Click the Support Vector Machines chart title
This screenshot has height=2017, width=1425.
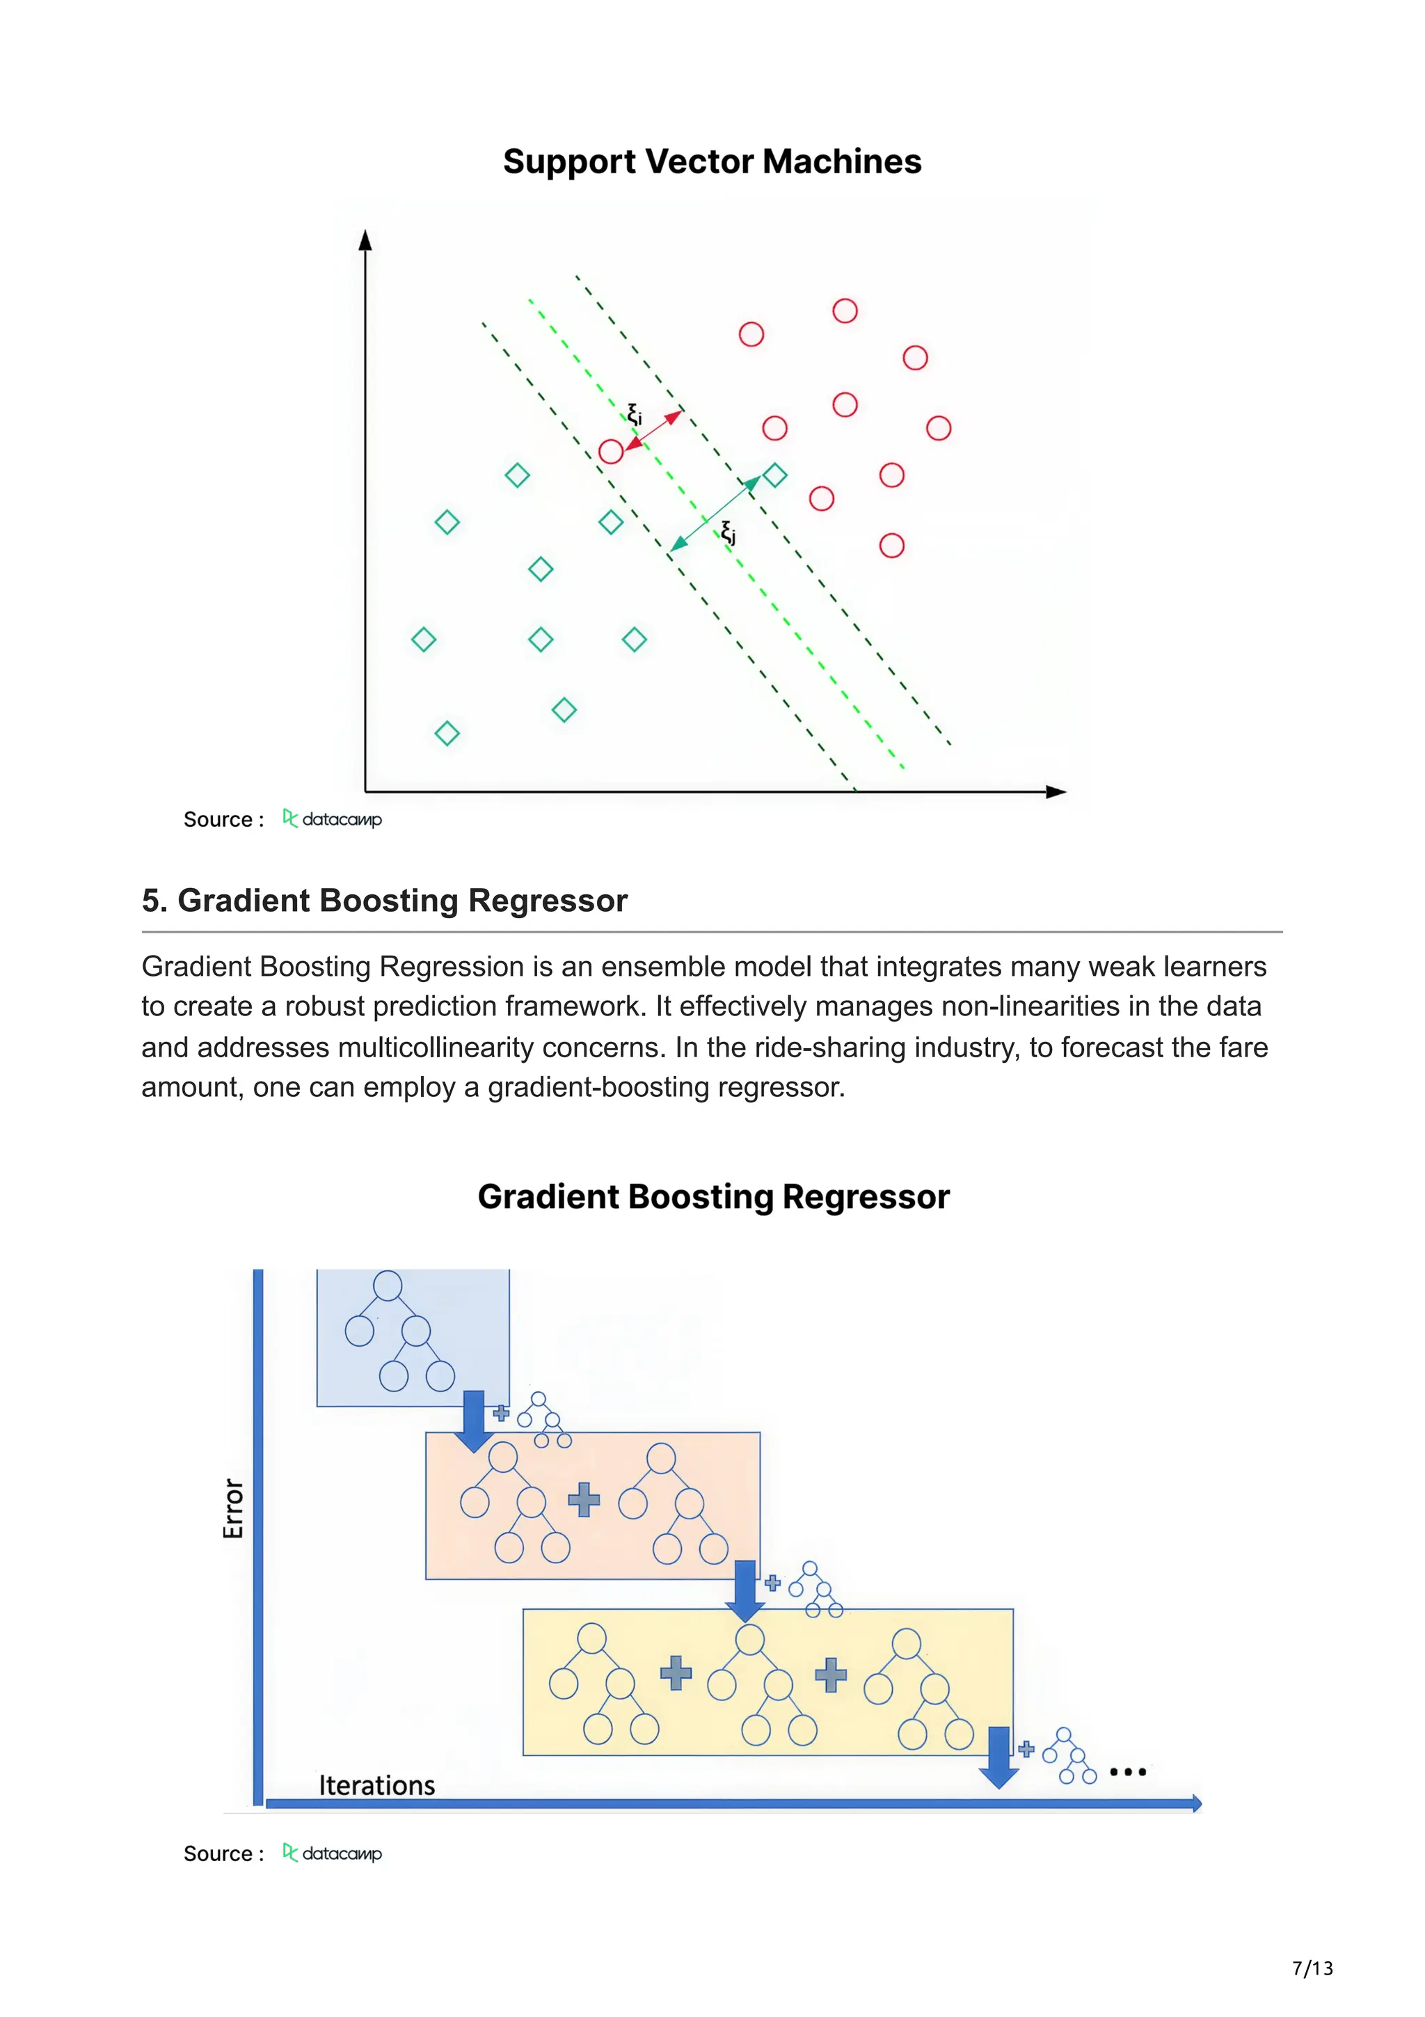pyautogui.click(x=711, y=161)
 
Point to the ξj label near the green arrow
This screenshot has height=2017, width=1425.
pyautogui.click(x=728, y=532)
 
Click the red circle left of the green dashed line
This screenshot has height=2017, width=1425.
pyautogui.click(x=610, y=452)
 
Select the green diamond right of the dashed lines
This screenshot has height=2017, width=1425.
pyautogui.click(x=774, y=475)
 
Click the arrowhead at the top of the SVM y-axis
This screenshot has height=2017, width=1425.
pyautogui.click(x=365, y=240)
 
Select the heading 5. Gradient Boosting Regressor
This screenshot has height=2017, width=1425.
pyautogui.click(x=385, y=901)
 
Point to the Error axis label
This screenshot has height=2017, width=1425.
pyautogui.click(x=232, y=1508)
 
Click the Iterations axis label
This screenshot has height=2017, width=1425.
pyautogui.click(x=376, y=1785)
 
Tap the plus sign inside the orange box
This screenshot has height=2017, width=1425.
pyautogui.click(x=584, y=1500)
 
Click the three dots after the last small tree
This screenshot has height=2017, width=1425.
pyautogui.click(x=1127, y=1772)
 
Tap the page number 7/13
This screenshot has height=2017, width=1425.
pyautogui.click(x=1312, y=1968)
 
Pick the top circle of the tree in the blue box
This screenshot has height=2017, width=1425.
pyautogui.click(x=387, y=1286)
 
